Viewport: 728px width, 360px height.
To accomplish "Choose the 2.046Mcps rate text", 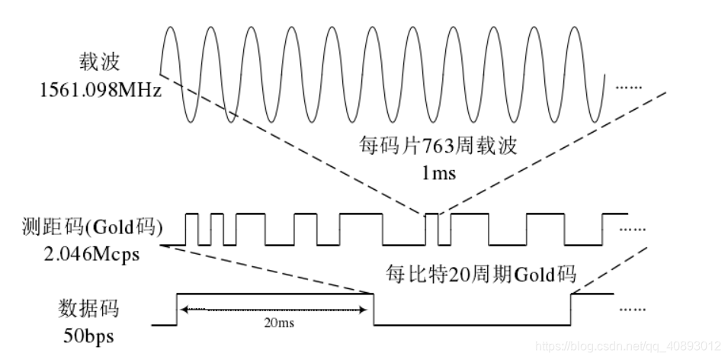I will point(83,254).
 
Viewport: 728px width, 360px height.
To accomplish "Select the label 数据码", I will point(89,309).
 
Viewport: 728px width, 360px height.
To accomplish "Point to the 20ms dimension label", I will point(276,323).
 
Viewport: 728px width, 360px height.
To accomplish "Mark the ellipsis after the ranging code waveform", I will point(632,227).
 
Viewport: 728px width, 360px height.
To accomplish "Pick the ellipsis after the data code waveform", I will point(632,309).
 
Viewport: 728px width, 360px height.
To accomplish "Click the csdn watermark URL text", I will point(628,346).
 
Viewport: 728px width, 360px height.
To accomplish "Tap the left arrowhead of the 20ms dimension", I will point(182,309).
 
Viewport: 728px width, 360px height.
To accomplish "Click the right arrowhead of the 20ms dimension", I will point(368,309).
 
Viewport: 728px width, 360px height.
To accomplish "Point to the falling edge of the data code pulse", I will point(374,309).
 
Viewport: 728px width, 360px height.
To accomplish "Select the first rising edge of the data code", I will point(177,309).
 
